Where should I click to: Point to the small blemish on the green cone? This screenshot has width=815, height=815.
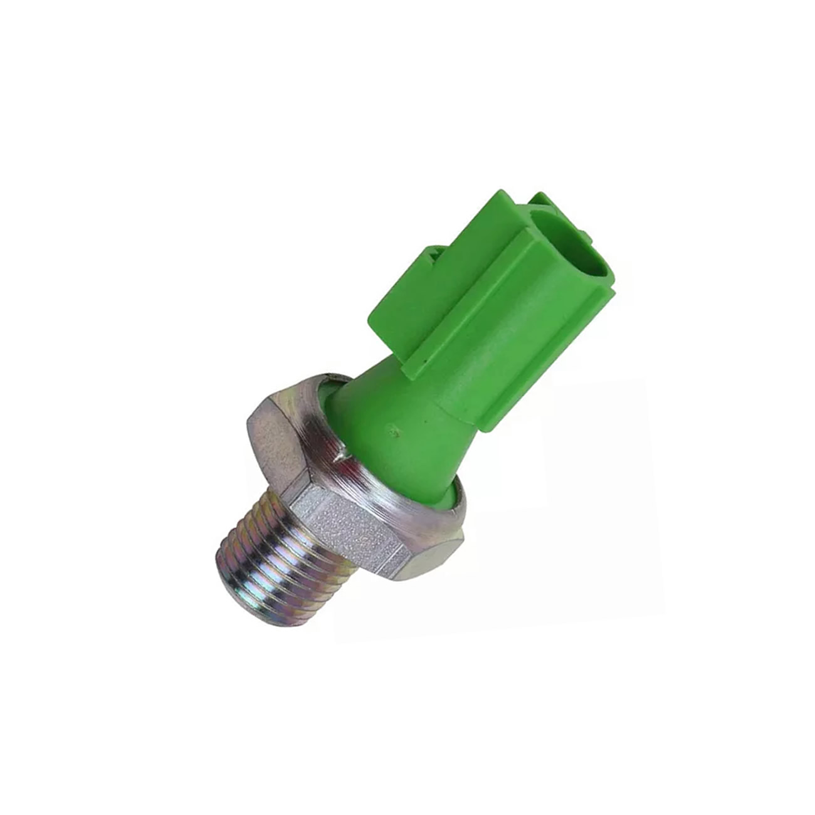(x=394, y=429)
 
